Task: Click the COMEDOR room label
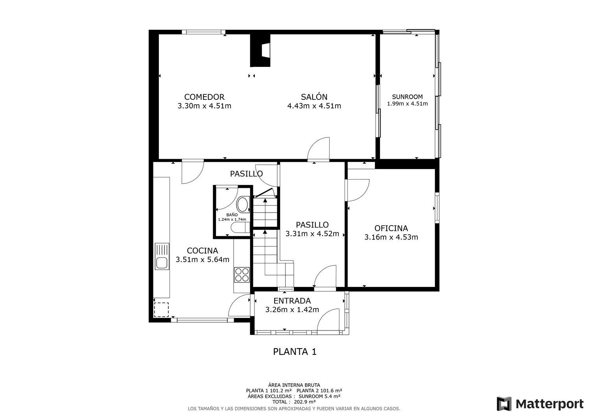[204, 97]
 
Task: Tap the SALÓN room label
[314, 97]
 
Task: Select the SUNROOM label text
[407, 97]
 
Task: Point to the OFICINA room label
[391, 228]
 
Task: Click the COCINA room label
[202, 251]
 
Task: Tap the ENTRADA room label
[292, 301]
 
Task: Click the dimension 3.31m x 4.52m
[312, 234]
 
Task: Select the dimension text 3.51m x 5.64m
[202, 259]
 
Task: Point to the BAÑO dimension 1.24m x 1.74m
[232, 219]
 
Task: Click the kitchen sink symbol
[162, 256]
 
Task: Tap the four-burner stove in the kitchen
[242, 275]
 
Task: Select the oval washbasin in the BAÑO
[243, 204]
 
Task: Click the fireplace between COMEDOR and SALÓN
[260, 50]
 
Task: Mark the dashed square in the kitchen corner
[161, 310]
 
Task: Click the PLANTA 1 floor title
[295, 352]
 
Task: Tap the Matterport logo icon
[504, 404]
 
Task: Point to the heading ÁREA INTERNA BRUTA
[294, 385]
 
